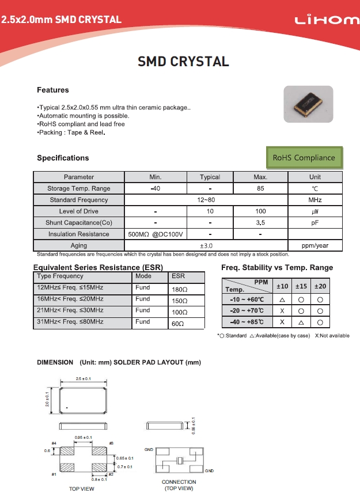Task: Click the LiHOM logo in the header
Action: (327, 20)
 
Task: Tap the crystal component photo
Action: (308, 105)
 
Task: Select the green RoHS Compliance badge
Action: (304, 157)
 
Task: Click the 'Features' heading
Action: (52, 90)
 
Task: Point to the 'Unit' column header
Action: (314, 177)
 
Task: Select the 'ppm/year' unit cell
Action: (314, 246)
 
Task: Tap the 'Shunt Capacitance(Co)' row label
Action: (78, 223)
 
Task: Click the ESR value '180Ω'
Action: (180, 290)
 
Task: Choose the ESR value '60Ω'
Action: (178, 324)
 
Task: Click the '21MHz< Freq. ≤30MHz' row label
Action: (70, 310)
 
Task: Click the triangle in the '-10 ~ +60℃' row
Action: (282, 300)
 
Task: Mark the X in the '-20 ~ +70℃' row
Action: (282, 311)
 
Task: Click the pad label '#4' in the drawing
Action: (54, 443)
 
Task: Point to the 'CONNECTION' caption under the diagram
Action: (179, 482)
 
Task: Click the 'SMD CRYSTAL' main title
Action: (183, 62)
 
